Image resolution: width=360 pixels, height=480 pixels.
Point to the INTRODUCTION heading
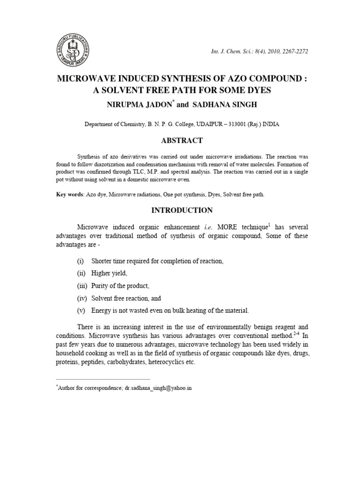[x=182, y=210]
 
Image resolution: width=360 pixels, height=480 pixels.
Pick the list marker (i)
[x=81, y=261]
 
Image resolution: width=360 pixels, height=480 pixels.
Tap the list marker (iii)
[x=82, y=285]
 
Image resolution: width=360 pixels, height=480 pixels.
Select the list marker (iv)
[x=82, y=298]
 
